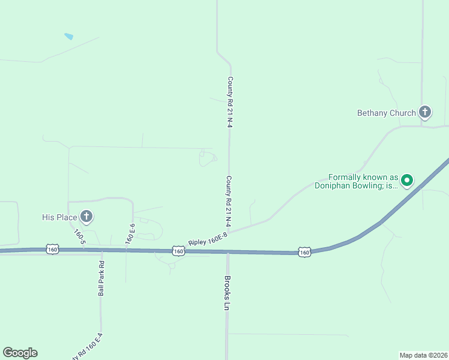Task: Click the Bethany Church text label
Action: tap(386, 113)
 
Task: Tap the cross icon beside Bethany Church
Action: tap(425, 112)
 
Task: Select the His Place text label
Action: tap(59, 217)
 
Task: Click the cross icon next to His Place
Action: tap(86, 216)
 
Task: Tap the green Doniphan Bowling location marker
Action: tap(407, 179)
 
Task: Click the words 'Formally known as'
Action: tap(363, 178)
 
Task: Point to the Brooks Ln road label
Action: tap(227, 293)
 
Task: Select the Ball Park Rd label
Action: tap(101, 278)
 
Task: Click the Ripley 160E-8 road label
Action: tap(208, 239)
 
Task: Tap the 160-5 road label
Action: tap(80, 236)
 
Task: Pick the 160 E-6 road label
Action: tap(130, 233)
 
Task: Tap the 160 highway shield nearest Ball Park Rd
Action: tap(53, 249)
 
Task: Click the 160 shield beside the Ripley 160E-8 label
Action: tap(178, 251)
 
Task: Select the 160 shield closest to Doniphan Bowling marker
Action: tap(304, 253)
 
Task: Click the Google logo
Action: tap(20, 353)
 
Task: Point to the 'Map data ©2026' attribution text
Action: tap(423, 355)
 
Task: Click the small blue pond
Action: tap(69, 37)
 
